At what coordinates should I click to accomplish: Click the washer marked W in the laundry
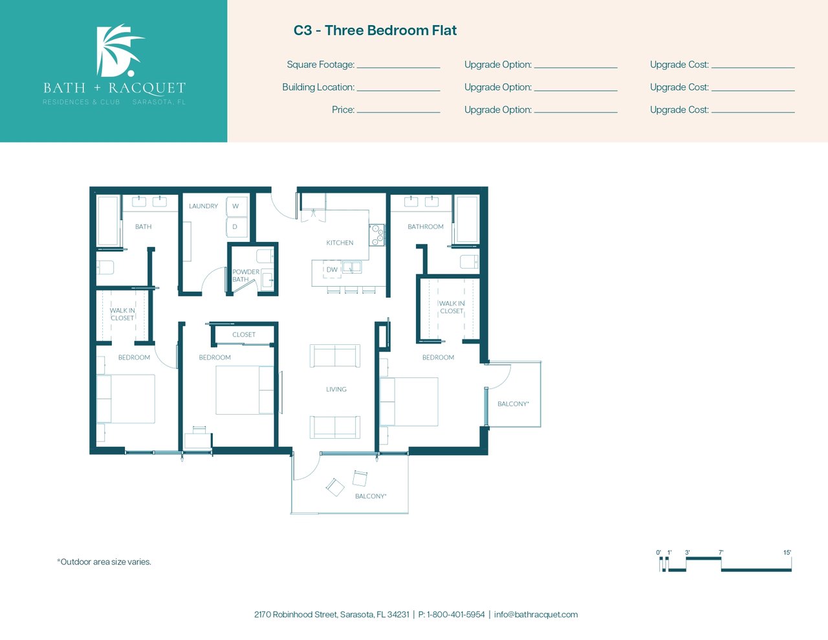237,206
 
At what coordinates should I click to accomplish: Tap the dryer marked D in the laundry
237,227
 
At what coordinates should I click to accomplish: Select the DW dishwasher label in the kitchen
332,269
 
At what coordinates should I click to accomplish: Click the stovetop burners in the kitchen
377,235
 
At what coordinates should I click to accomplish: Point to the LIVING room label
336,389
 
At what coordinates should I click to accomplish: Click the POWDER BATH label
245,276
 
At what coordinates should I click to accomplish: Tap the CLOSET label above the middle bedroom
244,335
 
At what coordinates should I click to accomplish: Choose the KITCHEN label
340,243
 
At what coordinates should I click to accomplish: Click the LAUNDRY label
204,206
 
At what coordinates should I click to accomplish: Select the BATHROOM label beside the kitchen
426,226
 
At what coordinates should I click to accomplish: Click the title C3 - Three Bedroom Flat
375,30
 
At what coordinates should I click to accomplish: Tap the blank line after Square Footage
398,68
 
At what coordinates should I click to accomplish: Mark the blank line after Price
398,113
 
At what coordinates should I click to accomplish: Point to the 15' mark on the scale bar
787,553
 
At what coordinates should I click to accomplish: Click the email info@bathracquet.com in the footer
536,615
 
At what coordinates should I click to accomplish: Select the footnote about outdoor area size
104,562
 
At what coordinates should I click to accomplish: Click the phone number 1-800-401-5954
456,615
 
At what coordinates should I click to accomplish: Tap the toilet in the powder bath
265,256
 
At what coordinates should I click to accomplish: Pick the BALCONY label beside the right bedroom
513,404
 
